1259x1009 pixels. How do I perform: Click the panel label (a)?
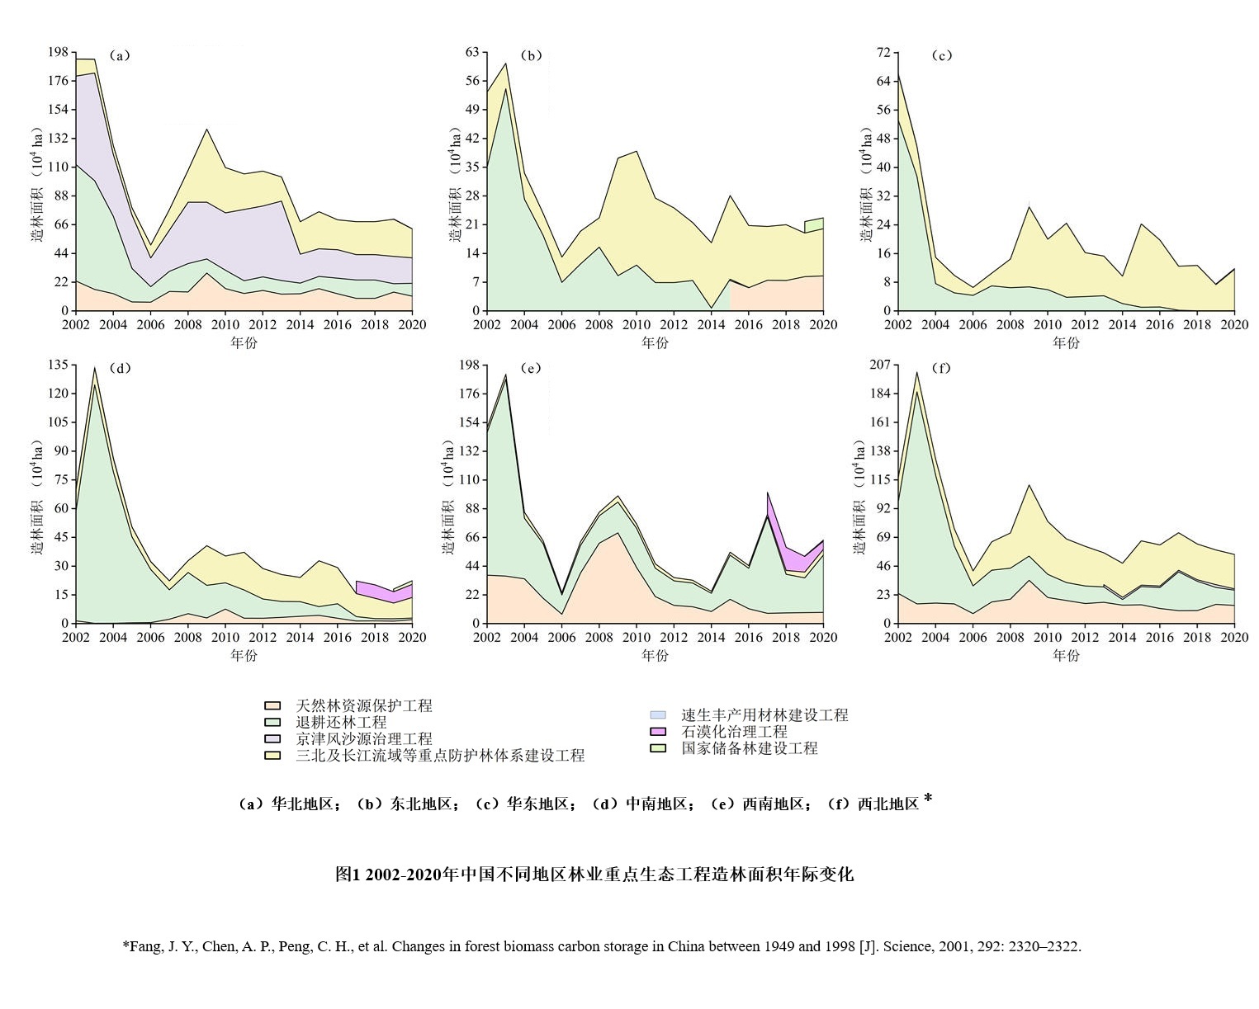(121, 56)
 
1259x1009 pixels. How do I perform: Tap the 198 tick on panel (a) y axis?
(58, 52)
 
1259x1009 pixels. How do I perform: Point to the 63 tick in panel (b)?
(471, 52)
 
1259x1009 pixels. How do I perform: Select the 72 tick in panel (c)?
(883, 52)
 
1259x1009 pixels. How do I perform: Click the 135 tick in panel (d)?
(58, 365)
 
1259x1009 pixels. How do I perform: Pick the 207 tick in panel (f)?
(880, 365)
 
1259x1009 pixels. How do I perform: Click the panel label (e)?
(532, 368)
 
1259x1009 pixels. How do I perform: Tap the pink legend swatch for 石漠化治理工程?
(658, 732)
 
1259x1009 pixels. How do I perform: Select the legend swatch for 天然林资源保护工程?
(272, 705)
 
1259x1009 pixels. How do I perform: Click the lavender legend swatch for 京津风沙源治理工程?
(272, 738)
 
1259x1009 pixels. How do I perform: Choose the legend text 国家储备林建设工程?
(749, 748)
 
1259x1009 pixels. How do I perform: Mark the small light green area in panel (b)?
(814, 225)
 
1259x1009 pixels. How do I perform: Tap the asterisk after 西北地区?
(928, 799)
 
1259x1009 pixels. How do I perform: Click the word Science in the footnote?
(907, 946)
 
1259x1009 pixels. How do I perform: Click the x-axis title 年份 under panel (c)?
(1065, 342)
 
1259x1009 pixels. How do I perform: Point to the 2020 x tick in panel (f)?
(1234, 637)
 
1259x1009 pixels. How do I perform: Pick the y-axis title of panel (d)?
(38, 495)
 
